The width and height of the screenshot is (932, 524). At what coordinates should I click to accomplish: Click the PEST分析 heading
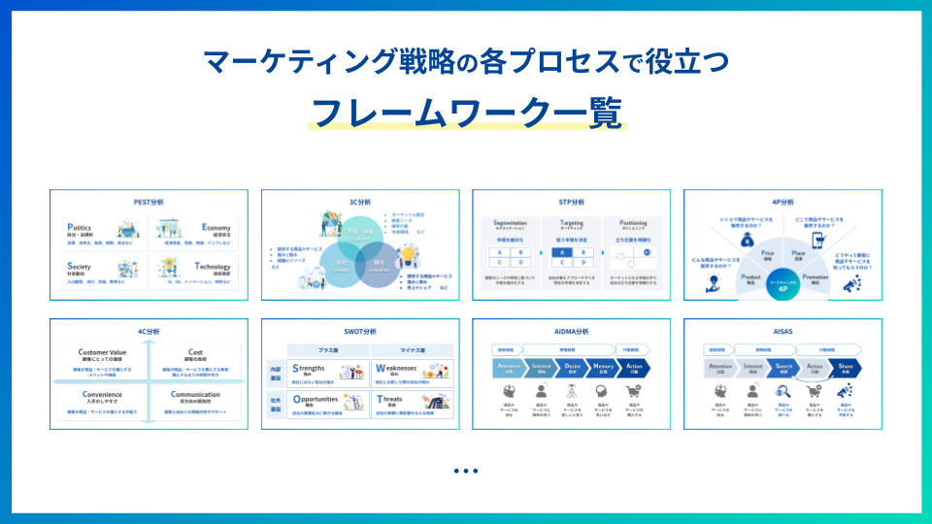[x=149, y=202]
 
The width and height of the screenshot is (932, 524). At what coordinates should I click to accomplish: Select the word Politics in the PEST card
[x=80, y=227]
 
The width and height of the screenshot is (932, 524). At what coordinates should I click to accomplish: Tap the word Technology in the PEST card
[x=213, y=266]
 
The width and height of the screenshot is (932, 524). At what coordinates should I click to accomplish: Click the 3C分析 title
[x=360, y=202]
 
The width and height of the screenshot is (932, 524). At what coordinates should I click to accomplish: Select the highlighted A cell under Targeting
[x=559, y=253]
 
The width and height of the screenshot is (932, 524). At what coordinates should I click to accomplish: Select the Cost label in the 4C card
[x=194, y=352]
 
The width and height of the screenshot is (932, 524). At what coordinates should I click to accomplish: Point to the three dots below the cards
[x=466, y=472]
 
